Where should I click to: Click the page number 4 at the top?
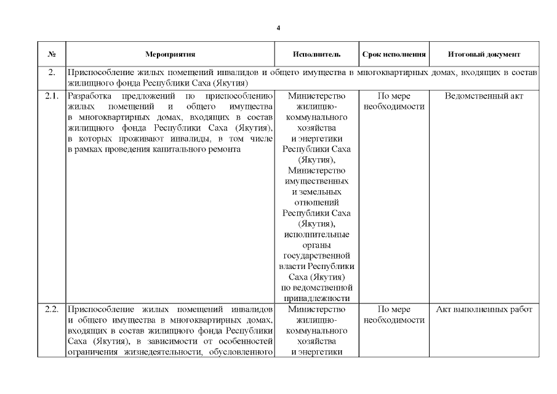pos(278,28)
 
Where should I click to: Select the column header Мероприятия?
pos(170,54)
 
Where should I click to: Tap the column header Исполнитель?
pos(316,54)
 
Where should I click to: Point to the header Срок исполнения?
pos(394,54)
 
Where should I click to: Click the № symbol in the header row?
pos(52,54)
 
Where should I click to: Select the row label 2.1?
pos(52,97)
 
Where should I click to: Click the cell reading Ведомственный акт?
pos(484,97)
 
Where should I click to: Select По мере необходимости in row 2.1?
pos(394,102)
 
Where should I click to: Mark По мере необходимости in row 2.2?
pos(394,314)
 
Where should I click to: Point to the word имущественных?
pos(316,182)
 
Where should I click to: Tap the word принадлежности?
pos(316,299)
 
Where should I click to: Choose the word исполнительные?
pos(316,235)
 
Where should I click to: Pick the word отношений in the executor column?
pos(316,203)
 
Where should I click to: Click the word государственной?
pos(316,255)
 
